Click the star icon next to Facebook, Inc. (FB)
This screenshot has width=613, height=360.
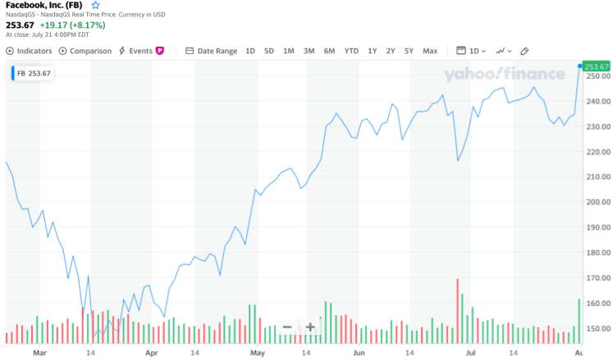95,5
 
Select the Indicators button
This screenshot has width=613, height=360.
30,51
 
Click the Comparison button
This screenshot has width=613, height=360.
85,51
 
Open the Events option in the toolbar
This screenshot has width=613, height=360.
141,51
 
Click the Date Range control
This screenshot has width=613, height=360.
212,51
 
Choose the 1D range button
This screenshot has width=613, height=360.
250,51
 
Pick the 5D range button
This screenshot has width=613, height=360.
269,51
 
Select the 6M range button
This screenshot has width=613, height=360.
329,51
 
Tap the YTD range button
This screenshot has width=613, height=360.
351,51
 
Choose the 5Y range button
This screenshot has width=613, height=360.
409,51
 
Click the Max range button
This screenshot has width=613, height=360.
430,51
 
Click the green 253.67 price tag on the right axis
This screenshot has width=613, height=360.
595,66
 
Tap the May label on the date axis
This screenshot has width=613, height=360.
258,353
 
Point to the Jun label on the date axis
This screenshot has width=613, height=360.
359,353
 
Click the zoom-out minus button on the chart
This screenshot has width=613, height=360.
287,327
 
